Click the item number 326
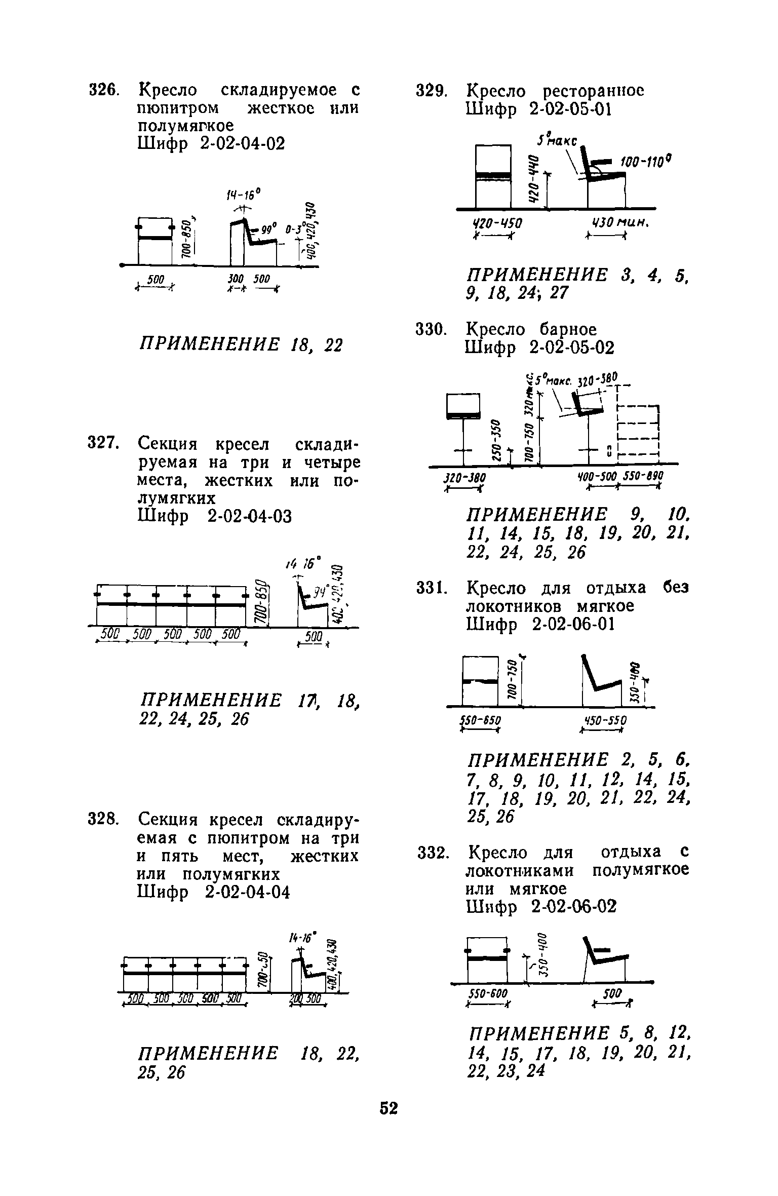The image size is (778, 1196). pyautogui.click(x=104, y=91)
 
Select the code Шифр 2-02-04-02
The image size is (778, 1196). pyautogui.click(x=211, y=144)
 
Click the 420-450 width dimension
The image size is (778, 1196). pyautogui.click(x=497, y=223)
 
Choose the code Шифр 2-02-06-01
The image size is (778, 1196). pyautogui.click(x=540, y=625)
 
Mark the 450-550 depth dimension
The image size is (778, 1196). pyautogui.click(x=605, y=720)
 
